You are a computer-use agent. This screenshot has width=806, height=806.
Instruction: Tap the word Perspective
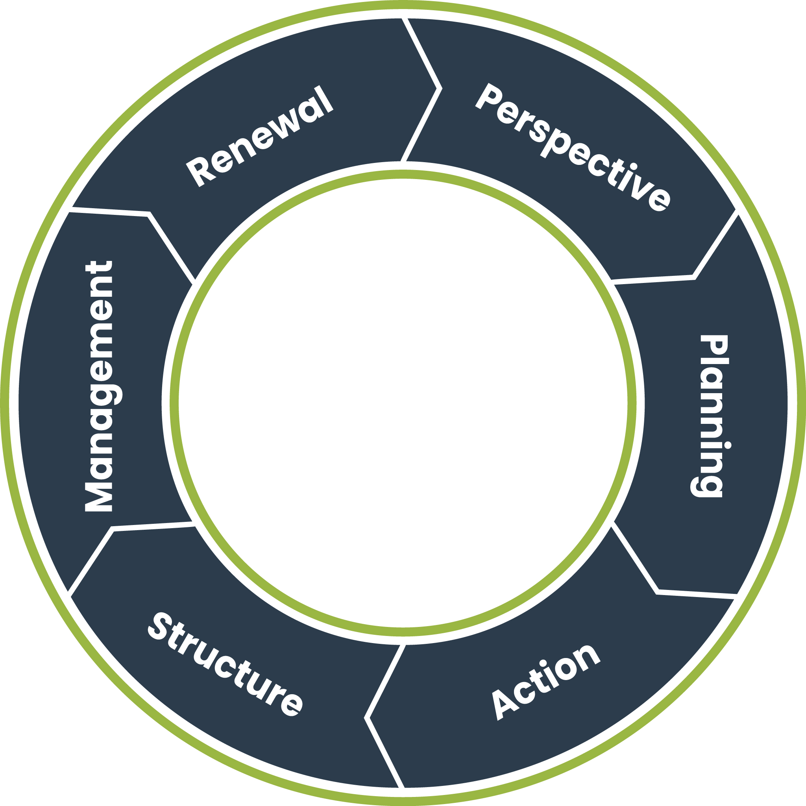(572, 147)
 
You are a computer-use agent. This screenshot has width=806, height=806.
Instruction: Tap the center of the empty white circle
(403, 403)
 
